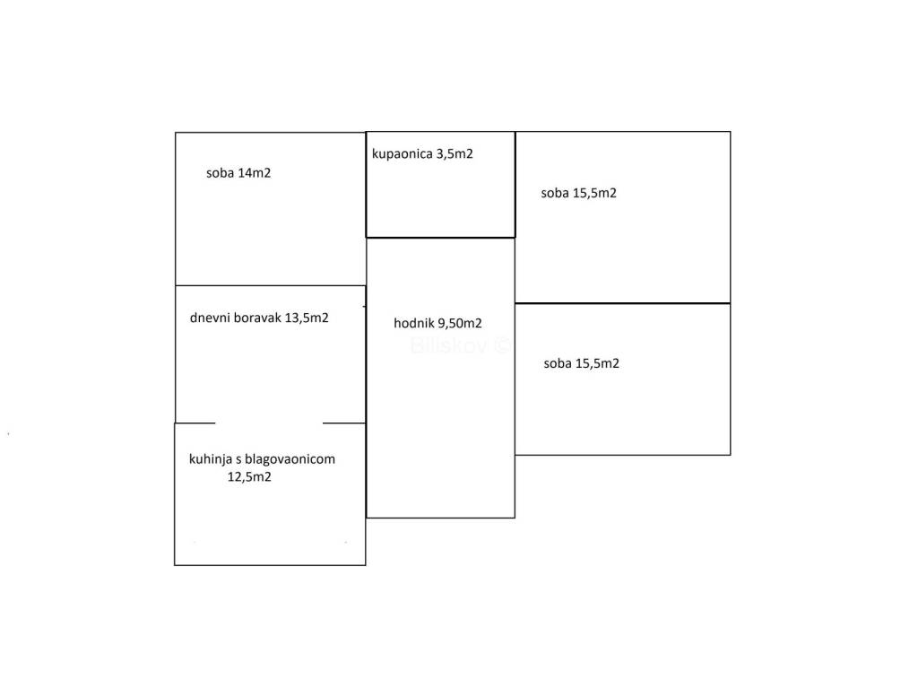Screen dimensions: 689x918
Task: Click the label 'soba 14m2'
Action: click(x=238, y=173)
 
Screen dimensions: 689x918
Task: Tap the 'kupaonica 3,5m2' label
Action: click(x=422, y=153)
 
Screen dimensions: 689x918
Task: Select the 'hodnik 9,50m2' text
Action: click(x=438, y=324)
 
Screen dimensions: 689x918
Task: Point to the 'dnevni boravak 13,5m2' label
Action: click(x=259, y=318)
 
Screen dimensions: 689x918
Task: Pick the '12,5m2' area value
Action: click(x=249, y=477)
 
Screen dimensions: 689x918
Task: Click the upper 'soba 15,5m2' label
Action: click(x=578, y=193)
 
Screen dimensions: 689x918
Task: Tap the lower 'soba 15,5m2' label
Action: click(x=581, y=363)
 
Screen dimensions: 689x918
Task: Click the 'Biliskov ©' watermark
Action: click(x=460, y=344)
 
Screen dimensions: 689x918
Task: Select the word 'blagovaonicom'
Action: click(x=292, y=459)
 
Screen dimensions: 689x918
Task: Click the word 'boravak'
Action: click(x=256, y=318)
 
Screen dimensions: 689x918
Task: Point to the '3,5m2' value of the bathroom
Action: click(x=455, y=153)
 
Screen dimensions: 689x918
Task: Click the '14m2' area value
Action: click(x=254, y=173)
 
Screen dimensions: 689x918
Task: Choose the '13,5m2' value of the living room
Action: click(x=307, y=318)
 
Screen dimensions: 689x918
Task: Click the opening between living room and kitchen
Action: click(x=269, y=423)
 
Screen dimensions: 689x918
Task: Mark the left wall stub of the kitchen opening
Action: click(x=195, y=423)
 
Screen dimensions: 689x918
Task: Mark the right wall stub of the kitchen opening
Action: click(x=343, y=423)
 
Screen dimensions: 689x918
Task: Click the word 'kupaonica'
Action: click(x=402, y=153)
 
